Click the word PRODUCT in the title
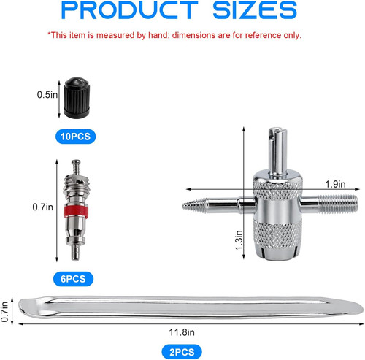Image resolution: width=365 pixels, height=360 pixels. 130,9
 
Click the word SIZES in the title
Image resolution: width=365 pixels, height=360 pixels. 255,9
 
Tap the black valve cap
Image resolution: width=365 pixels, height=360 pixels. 77,98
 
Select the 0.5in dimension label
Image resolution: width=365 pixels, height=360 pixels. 47,95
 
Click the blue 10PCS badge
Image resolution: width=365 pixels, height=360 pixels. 76,137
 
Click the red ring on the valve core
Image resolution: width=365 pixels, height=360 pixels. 76,212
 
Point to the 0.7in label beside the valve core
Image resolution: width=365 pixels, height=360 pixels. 42,207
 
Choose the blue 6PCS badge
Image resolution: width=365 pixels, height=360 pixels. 73,279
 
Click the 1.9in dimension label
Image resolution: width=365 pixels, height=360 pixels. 335,184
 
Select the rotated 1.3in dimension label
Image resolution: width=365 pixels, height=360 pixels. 239,240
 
